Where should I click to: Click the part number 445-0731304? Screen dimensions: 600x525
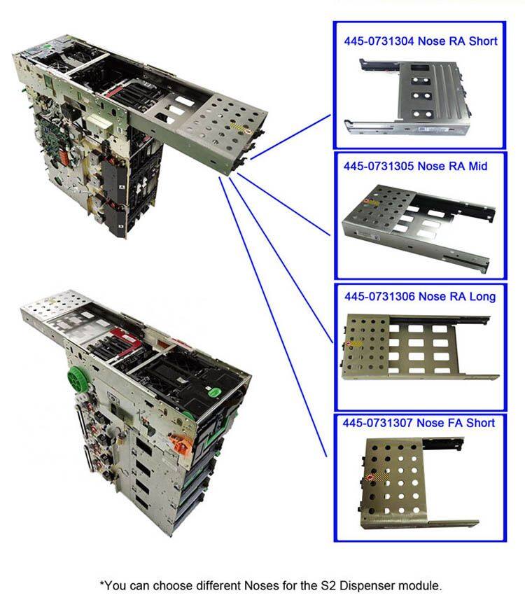coord(379,41)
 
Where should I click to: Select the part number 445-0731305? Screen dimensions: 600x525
coord(379,167)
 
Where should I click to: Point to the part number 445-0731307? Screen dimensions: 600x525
coord(378,423)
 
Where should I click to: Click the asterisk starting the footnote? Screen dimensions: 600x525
coord(102,583)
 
